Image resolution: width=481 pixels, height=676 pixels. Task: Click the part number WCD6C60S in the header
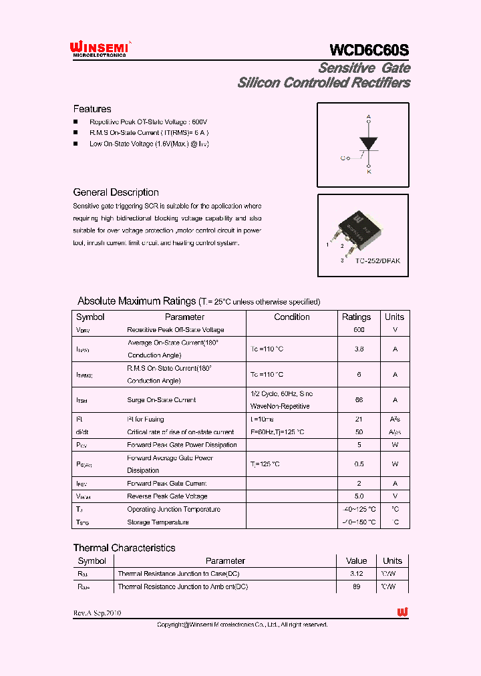[x=369, y=50]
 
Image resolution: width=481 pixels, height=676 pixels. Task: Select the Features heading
[x=92, y=109]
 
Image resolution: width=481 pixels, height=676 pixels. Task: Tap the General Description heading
[x=116, y=192]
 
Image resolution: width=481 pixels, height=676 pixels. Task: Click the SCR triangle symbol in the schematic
[x=368, y=144]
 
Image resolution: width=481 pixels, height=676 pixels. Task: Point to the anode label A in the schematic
[x=368, y=118]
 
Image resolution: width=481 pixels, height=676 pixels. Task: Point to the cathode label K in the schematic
[x=369, y=172]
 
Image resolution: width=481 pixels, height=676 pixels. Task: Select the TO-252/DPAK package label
[x=377, y=261]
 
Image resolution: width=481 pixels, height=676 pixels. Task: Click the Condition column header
[x=292, y=317]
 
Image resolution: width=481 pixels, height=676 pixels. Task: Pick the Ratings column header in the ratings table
[x=356, y=317]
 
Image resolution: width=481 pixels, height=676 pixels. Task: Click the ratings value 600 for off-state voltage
[x=359, y=330]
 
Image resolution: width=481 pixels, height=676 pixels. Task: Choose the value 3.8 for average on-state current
[x=359, y=349]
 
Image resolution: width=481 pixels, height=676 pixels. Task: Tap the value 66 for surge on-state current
[x=359, y=400]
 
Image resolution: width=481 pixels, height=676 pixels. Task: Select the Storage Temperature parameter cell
[x=158, y=522]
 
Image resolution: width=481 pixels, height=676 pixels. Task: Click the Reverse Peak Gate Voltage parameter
[x=167, y=496]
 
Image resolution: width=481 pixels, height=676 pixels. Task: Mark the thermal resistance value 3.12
[x=356, y=574]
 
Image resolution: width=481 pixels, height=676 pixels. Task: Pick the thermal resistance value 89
[x=356, y=586]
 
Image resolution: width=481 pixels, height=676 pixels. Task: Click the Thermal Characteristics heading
[x=124, y=548]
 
